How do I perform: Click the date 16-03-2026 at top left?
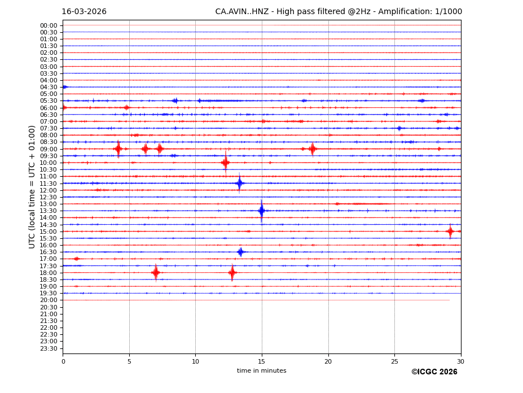click(x=84, y=12)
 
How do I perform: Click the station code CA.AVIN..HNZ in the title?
click(x=242, y=12)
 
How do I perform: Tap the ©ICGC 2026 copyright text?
click(x=434, y=372)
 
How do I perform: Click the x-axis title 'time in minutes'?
click(x=261, y=371)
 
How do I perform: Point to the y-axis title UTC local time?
click(x=32, y=186)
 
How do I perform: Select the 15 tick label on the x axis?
click(x=262, y=361)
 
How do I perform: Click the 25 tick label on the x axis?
click(x=394, y=361)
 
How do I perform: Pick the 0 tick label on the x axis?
click(x=63, y=361)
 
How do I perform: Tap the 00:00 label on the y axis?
click(x=49, y=25)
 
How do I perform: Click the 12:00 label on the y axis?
click(x=49, y=190)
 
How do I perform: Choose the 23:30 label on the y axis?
click(x=49, y=348)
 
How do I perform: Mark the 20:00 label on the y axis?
click(x=49, y=300)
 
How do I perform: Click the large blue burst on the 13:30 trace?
click(x=261, y=211)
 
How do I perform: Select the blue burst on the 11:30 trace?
click(x=239, y=183)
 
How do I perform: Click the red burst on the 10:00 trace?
click(x=226, y=163)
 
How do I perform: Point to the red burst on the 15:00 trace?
click(x=450, y=231)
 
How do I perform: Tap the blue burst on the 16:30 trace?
click(x=240, y=252)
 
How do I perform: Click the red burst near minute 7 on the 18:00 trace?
click(x=156, y=273)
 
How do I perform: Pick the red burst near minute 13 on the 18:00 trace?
click(x=232, y=273)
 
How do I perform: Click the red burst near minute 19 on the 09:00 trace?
click(x=312, y=149)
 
